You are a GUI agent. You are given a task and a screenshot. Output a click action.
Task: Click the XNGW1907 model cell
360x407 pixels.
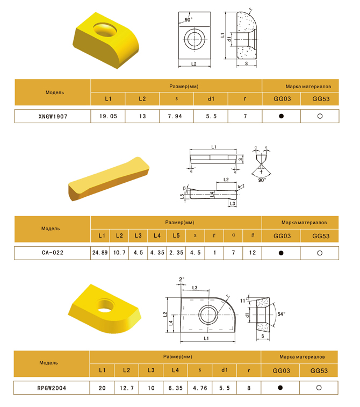click(x=53, y=117)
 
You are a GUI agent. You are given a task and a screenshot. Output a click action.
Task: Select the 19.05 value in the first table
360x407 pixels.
click(x=108, y=116)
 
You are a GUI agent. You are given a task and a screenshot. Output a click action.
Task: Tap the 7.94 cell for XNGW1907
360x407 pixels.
click(x=175, y=116)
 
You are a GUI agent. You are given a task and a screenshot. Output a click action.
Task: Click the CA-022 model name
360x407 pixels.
click(x=53, y=253)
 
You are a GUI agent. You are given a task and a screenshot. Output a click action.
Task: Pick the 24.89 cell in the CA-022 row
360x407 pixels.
click(x=100, y=253)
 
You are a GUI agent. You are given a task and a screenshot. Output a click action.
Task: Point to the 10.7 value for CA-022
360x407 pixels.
click(x=119, y=253)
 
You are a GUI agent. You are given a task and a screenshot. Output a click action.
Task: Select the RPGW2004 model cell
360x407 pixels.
click(x=52, y=388)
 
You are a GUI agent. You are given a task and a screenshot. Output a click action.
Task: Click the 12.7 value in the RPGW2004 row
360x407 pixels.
click(x=127, y=388)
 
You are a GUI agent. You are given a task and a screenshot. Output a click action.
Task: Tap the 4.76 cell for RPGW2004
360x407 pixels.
click(x=200, y=388)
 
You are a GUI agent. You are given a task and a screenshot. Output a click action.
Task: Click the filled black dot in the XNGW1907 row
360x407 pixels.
click(x=281, y=116)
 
